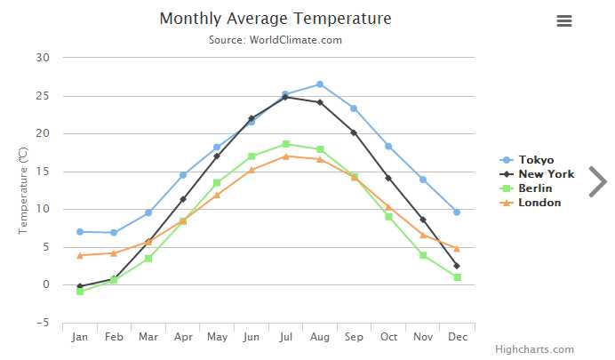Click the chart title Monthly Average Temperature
coord(275,19)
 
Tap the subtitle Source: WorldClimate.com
coord(275,40)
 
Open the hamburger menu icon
coord(563,21)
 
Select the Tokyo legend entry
coord(536,160)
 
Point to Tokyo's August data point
coord(320,84)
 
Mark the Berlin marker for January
coord(80,292)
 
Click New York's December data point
coord(457,266)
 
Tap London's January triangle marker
coord(80,255)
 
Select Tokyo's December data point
coord(457,212)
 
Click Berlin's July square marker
coord(285,144)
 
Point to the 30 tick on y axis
coord(44,58)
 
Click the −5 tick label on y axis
coord(44,323)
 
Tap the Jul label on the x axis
coord(285,338)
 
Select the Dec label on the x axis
coord(457,338)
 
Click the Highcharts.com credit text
coord(534,349)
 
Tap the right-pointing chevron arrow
coord(597,181)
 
